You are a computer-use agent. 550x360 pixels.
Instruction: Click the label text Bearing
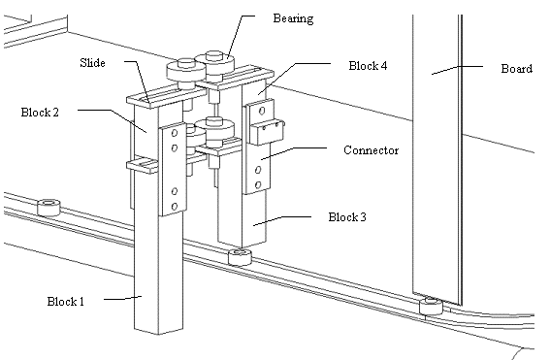click(293, 19)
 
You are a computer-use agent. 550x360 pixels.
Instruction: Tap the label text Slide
click(92, 63)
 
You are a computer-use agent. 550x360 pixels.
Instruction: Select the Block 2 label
click(40, 113)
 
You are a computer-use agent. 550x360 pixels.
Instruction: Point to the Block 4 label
click(368, 66)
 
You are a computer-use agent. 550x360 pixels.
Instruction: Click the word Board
click(517, 69)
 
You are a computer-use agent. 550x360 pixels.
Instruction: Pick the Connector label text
click(372, 150)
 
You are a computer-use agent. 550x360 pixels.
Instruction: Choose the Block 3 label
click(347, 217)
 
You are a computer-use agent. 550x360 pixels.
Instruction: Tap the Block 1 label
click(66, 302)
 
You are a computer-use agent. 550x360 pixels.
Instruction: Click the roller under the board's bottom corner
click(431, 306)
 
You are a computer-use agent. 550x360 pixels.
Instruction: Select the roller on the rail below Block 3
click(240, 257)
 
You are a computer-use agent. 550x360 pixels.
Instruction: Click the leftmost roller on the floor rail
click(49, 207)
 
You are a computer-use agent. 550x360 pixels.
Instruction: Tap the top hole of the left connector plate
click(175, 133)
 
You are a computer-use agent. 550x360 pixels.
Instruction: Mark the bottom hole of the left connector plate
click(175, 207)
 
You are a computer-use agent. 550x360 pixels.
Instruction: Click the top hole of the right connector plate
click(262, 112)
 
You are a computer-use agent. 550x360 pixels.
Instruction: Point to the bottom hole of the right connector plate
click(258, 184)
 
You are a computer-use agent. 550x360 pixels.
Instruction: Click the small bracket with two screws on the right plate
click(267, 132)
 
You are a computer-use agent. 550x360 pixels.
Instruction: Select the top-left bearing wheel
click(186, 71)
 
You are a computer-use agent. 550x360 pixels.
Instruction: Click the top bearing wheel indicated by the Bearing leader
click(214, 64)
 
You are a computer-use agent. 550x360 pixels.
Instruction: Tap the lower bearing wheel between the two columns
click(214, 132)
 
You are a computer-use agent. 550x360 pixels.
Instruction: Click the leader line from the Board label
click(457, 70)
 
